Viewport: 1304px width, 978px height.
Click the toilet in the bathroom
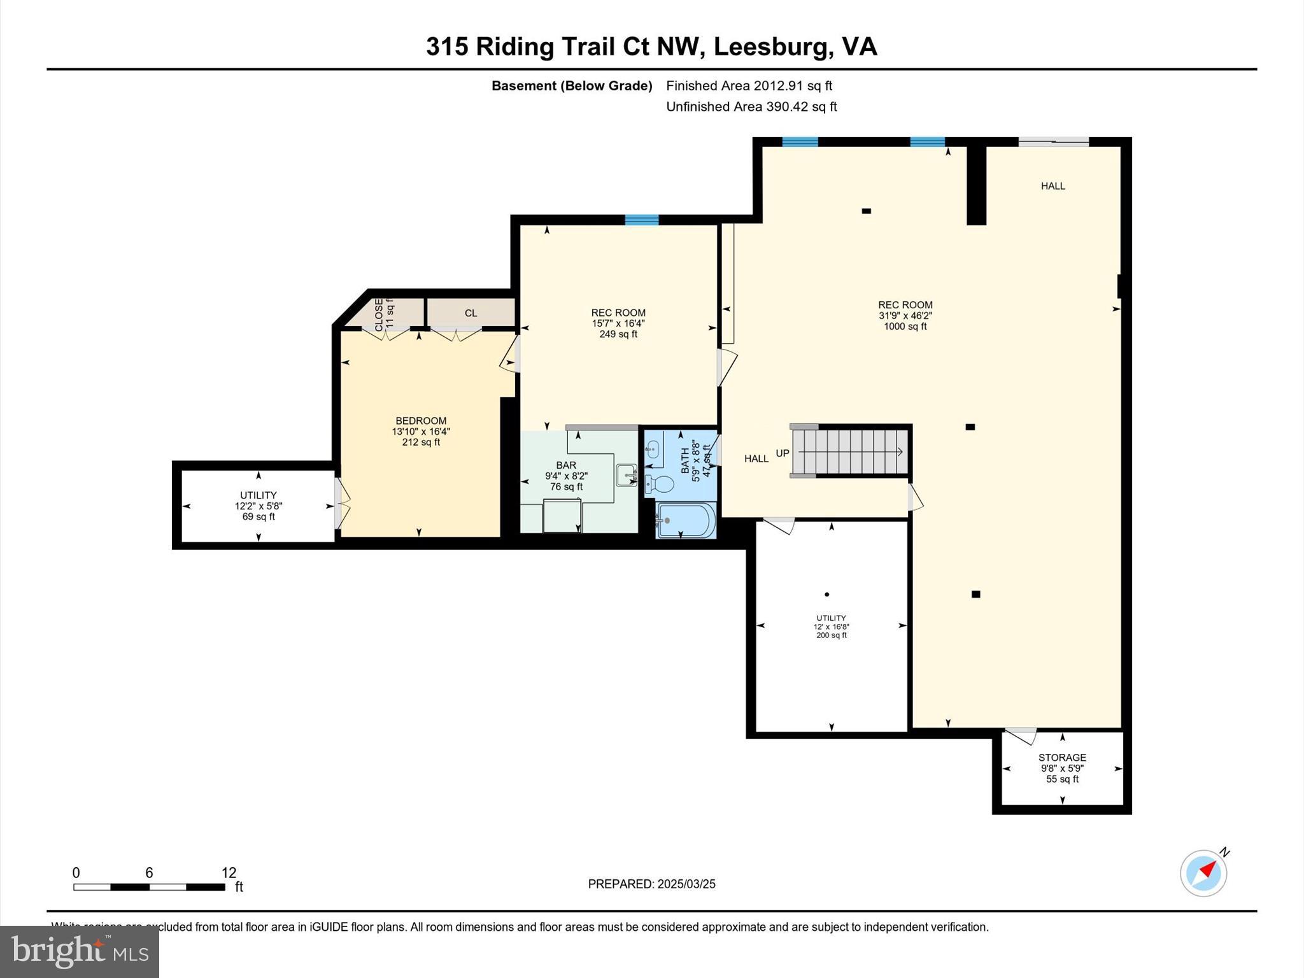pos(660,485)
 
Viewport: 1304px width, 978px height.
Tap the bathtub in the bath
pos(686,520)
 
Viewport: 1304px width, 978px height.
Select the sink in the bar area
pos(626,475)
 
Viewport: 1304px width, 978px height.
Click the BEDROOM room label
pos(421,421)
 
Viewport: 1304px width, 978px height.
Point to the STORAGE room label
pos(1062,758)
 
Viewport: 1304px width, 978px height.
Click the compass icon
pos(1203,873)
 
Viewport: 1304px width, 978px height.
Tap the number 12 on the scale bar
pos(229,873)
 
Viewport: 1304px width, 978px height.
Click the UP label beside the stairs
pos(783,453)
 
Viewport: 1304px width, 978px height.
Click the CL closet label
pos(471,313)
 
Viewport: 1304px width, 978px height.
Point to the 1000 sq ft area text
pos(905,327)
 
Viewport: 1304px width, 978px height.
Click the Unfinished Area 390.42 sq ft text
pos(751,107)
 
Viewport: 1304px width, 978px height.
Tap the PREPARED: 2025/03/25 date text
pos(651,884)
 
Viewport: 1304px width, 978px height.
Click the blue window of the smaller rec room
pos(641,220)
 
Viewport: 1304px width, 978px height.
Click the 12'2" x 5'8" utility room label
pos(259,506)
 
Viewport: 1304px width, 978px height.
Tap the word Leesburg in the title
pos(771,46)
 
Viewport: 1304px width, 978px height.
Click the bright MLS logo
pos(79,951)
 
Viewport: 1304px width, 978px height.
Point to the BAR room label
pos(565,466)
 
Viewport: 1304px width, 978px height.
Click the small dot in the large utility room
pos(826,595)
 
